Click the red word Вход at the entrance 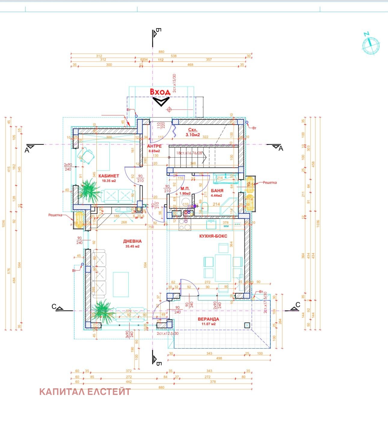[160, 92]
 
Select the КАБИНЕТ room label [109, 176]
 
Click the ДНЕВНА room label [132, 241]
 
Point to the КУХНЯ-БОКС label [213, 236]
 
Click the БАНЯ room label [217, 191]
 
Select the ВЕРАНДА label [208, 319]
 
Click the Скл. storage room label [192, 130]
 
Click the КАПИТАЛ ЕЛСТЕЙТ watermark [85, 392]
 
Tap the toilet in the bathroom [204, 208]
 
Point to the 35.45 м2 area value [132, 246]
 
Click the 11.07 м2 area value [208, 324]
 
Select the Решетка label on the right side [270, 183]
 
